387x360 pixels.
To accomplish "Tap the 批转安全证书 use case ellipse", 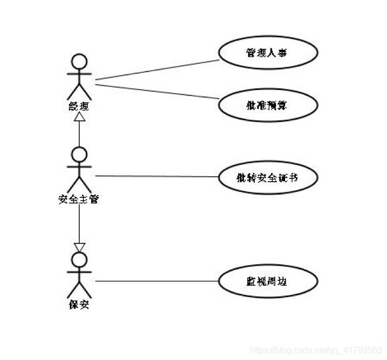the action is coord(267,177).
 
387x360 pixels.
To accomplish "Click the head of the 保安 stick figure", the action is coord(80,260).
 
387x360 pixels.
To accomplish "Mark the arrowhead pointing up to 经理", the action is coord(80,116).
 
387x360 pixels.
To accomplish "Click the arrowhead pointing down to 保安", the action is coord(80,247).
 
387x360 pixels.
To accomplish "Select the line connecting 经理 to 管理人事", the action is coord(157,70).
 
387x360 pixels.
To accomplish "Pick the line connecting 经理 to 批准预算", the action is coord(157,91).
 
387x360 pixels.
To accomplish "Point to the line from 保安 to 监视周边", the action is coord(157,281).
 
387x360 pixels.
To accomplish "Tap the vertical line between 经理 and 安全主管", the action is coord(80,133).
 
